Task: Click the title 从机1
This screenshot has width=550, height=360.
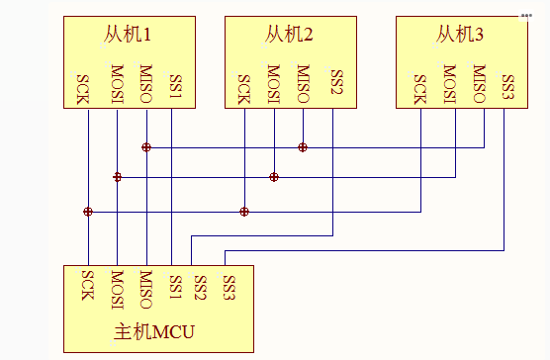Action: [x=128, y=35]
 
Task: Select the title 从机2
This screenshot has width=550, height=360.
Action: [x=289, y=35]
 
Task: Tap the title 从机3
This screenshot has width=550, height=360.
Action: [x=460, y=35]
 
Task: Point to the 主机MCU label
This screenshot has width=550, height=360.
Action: [x=154, y=331]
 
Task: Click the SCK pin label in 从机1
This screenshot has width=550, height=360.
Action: [x=82, y=89]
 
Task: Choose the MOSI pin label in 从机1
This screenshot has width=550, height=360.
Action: [x=117, y=84]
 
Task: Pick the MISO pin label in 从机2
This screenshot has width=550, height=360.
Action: [x=304, y=84]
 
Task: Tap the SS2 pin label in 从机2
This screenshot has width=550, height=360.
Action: [x=336, y=82]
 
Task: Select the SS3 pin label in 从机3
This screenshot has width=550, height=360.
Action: [x=508, y=87]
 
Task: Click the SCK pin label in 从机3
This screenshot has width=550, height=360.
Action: [x=419, y=89]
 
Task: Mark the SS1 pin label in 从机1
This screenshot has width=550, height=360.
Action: [x=176, y=87]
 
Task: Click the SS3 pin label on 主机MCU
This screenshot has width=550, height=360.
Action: [x=229, y=288]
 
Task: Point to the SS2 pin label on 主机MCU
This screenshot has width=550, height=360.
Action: [x=200, y=288]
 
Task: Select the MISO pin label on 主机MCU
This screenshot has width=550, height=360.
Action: [x=146, y=290]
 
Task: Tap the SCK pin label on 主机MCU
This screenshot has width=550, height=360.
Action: [x=88, y=286]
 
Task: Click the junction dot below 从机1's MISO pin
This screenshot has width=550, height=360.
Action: [x=146, y=147]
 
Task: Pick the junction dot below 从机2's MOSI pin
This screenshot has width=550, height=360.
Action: [x=274, y=177]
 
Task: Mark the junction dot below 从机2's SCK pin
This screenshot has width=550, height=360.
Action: [x=244, y=212]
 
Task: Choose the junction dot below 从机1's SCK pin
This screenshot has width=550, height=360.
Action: [x=88, y=212]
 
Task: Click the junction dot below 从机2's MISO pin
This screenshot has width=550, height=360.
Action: [x=303, y=147]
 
